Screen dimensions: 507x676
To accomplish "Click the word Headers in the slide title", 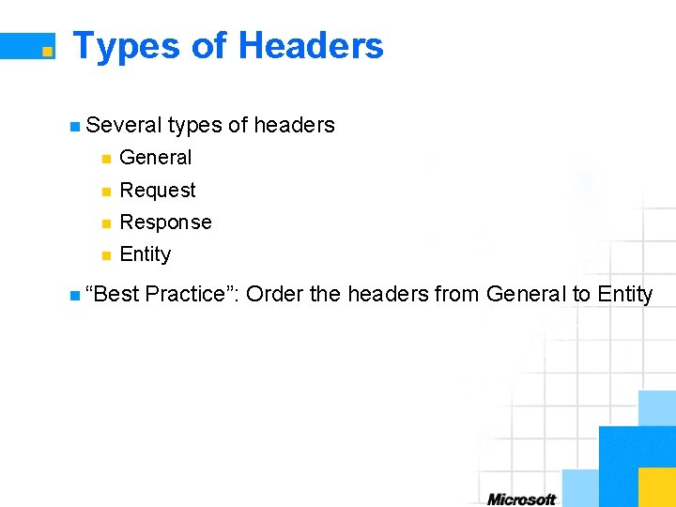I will coord(311,45).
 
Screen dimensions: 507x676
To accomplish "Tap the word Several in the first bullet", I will coord(123,125).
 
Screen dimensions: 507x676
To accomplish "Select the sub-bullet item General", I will coord(156,158).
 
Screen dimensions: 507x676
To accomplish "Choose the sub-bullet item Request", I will coord(158,191).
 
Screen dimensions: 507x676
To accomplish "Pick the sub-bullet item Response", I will coord(166,223).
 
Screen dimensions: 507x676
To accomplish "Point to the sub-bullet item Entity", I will coord(146,254).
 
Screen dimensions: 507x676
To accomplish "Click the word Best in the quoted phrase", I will coord(115,294).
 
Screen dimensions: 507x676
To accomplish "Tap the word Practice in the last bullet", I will coord(190,294).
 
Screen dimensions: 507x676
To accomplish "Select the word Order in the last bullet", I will coord(274,294).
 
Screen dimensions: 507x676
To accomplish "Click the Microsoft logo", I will coord(521,499).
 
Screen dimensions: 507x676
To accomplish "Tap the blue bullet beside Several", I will coord(75,126).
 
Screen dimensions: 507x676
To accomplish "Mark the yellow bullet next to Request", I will coord(107,192).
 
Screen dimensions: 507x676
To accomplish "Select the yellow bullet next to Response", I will coord(107,223).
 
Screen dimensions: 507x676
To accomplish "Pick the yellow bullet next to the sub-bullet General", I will coord(107,159).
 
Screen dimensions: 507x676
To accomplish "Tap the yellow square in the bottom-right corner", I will coord(656,487).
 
